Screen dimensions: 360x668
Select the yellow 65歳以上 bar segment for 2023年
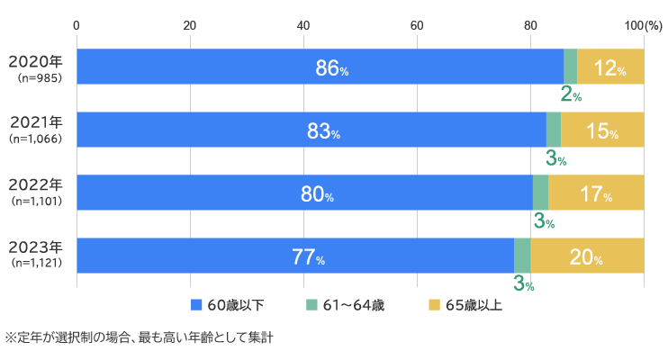pos(587,256)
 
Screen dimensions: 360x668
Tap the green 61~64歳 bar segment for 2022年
pos(540,193)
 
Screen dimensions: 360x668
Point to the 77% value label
pos(308,256)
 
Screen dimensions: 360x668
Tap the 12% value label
pos(609,67)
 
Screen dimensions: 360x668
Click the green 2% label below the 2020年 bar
pos(571,94)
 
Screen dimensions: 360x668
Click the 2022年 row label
pos(36,185)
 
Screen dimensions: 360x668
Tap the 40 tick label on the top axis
pos(303,24)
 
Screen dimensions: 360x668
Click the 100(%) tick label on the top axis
pos(642,24)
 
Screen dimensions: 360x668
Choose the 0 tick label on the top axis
pos(77,24)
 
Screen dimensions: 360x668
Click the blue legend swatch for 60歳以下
pos(196,305)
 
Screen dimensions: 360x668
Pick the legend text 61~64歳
pos(354,305)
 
